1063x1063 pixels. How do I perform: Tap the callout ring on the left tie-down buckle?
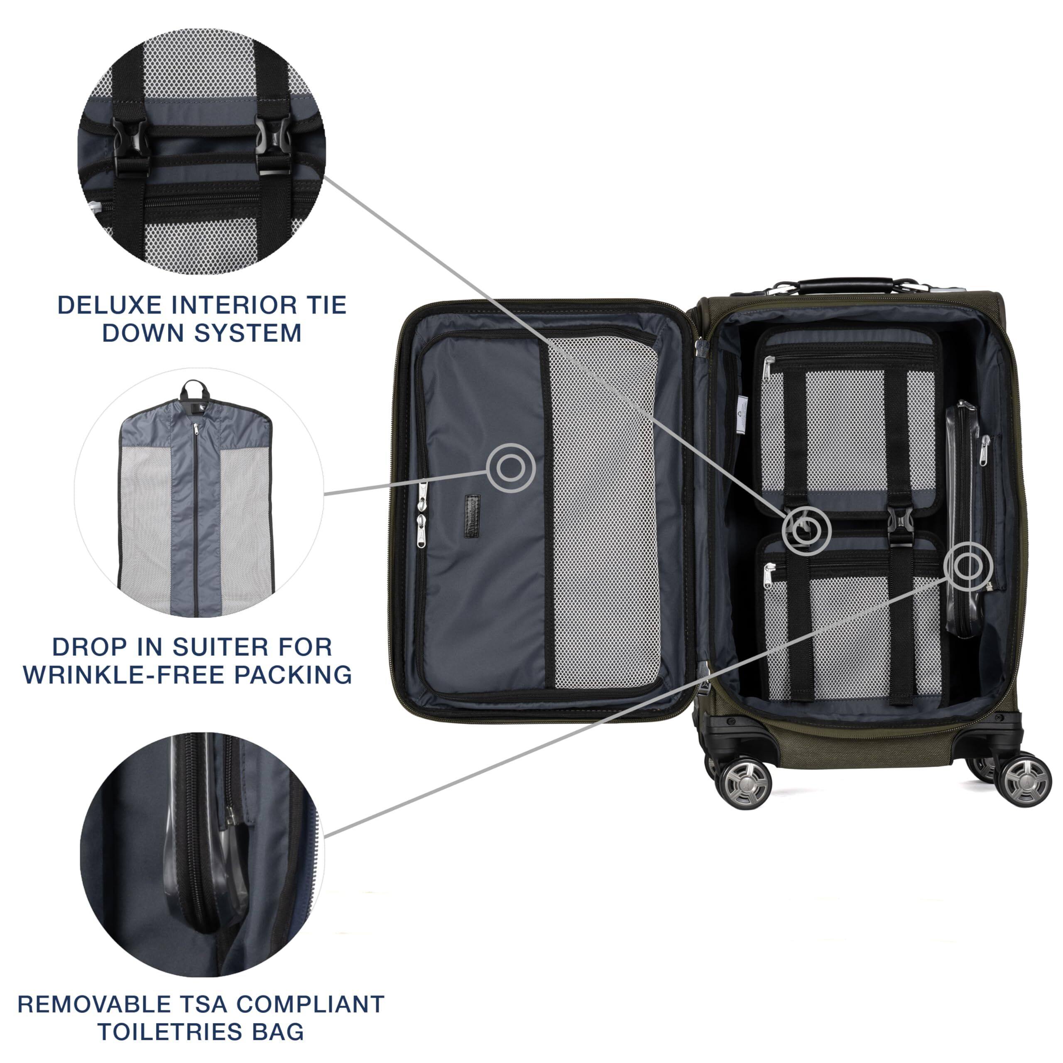pyautogui.click(x=806, y=530)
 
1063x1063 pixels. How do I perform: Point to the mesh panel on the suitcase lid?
pyautogui.click(x=604, y=512)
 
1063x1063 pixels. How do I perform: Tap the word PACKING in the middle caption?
pyautogui.click(x=293, y=675)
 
